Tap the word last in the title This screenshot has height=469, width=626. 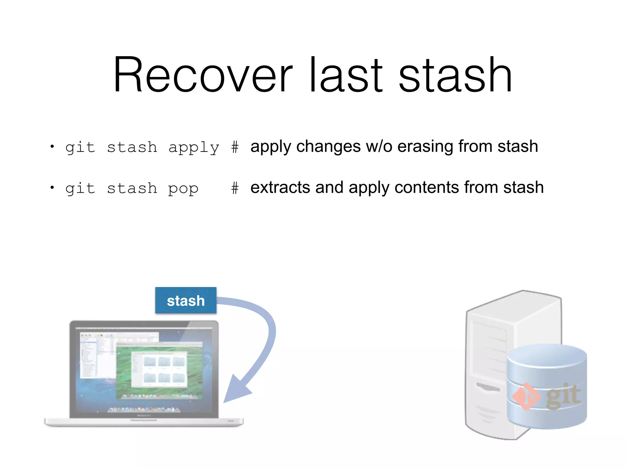[345, 75]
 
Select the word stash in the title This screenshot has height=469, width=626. [455, 75]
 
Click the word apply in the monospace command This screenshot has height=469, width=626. [194, 148]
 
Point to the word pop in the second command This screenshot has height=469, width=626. [183, 189]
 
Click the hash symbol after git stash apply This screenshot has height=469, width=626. [235, 147]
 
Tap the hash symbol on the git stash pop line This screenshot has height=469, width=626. [235, 188]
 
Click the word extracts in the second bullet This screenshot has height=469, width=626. [280, 187]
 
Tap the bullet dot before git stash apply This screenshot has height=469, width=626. [52, 147]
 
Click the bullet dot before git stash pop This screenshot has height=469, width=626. [52, 187]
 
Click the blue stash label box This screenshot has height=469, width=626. [186, 300]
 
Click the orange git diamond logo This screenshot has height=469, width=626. [526, 396]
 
